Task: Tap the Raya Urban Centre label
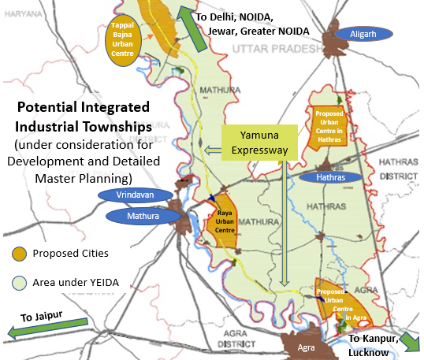(222, 217)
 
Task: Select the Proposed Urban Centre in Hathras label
(329, 125)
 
